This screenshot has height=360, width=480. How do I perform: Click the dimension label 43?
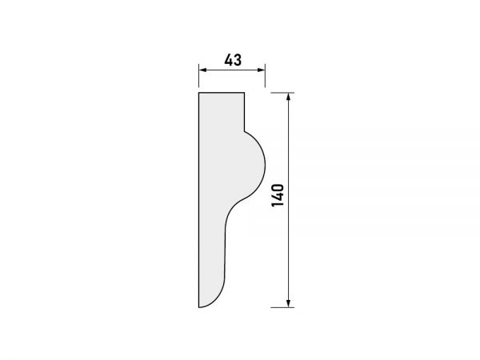point(233,60)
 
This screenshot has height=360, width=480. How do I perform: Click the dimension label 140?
point(278,195)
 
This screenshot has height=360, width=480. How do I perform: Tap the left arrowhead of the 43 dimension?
point(202,70)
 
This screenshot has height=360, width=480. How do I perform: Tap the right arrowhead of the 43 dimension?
point(262,70)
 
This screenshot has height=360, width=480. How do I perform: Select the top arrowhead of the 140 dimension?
point(288,97)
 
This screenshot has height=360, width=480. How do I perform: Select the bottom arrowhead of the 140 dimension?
point(288,303)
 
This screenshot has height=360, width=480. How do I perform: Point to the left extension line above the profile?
point(199,76)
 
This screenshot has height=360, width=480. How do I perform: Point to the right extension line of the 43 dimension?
point(265,76)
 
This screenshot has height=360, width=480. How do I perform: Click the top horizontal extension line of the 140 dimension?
point(282,93)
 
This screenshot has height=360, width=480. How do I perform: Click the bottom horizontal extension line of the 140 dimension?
point(282,307)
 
